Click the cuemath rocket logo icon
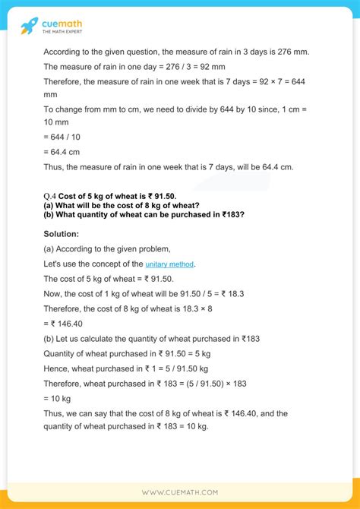click(x=29, y=27)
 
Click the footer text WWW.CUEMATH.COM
click(x=180, y=492)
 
